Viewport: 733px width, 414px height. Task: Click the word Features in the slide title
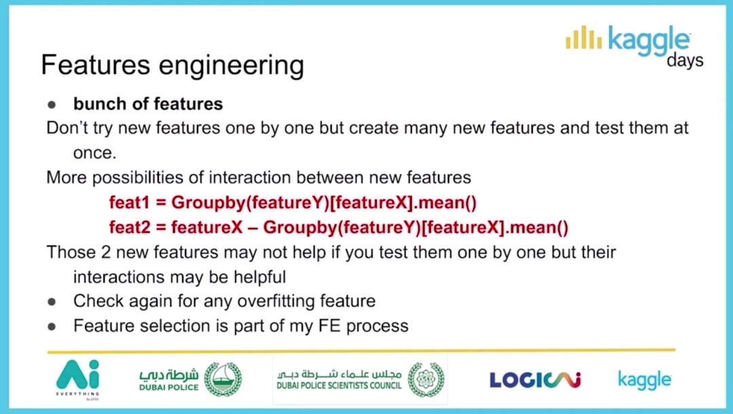[96, 64]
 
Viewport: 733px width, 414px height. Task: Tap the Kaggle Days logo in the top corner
[635, 46]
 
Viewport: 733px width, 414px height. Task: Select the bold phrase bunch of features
[148, 104]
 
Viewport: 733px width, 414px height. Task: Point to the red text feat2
[130, 227]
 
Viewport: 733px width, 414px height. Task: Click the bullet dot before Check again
[52, 302]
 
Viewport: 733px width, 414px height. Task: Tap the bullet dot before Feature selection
[52, 327]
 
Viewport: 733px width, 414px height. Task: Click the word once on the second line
[94, 153]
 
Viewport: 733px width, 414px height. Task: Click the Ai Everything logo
[78, 379]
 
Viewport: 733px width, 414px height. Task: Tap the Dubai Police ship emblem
[223, 379]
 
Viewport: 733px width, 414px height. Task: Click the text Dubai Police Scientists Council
[339, 385]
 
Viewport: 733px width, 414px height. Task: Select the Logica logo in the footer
[535, 380]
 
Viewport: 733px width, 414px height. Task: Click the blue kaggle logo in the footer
[645, 380]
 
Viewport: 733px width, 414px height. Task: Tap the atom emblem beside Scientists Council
[426, 379]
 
